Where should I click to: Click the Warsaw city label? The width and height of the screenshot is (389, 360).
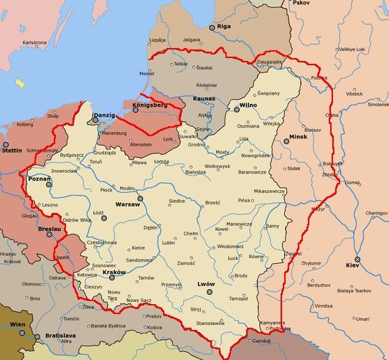point(127,204)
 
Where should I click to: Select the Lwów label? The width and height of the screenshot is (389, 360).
point(206,284)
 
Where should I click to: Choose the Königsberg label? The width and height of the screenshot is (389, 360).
point(149,105)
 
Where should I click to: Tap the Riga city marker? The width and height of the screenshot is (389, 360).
point(211,27)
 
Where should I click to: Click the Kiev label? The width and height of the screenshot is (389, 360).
point(352,265)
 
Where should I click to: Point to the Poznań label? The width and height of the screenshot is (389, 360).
point(38,178)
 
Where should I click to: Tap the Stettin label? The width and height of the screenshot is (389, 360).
point(11,151)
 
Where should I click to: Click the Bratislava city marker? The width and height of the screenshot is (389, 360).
point(40,336)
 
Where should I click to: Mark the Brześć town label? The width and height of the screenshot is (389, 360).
point(212,203)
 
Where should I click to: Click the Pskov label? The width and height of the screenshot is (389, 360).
point(300,3)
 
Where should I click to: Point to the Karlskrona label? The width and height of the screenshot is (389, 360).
point(34,42)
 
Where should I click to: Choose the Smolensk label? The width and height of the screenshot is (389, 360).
point(378,104)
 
